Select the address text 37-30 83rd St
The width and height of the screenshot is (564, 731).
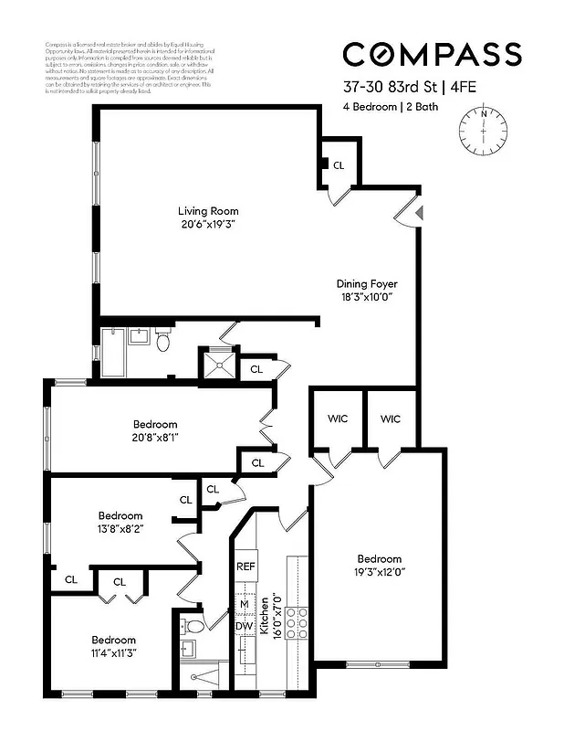coord(384,89)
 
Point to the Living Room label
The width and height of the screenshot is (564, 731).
coord(207,211)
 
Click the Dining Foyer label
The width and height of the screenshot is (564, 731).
coord(367,284)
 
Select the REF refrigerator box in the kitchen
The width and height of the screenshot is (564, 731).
coord(246,567)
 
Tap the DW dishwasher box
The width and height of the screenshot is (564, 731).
coord(245,627)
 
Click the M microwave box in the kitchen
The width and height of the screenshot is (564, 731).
coord(245,604)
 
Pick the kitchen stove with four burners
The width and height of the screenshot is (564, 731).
coord(297,626)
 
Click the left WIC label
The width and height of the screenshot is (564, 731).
coord(338,419)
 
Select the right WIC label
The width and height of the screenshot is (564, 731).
coord(391,419)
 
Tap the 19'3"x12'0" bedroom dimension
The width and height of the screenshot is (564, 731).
coord(379,573)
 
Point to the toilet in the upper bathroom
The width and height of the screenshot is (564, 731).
coord(162,342)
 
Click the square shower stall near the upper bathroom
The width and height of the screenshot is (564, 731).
coord(218,365)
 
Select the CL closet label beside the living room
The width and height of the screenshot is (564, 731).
coord(339,165)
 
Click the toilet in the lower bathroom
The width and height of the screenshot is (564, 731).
coord(194,626)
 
